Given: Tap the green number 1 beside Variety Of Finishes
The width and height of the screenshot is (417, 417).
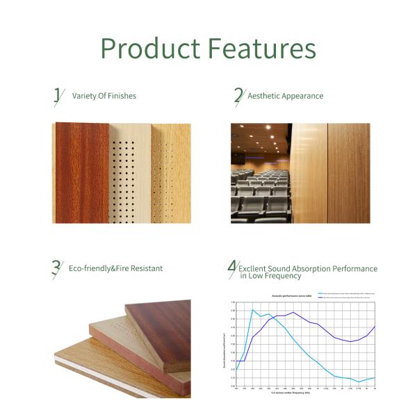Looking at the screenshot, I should tap(58, 96).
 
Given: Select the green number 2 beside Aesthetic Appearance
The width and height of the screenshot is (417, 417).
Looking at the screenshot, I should tap(238, 96).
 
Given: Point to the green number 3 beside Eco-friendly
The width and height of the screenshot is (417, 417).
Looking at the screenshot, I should tap(56, 268).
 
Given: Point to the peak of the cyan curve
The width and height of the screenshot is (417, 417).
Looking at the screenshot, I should tap(252, 310).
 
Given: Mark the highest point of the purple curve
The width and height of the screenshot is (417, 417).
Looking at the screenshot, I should tap(293, 312).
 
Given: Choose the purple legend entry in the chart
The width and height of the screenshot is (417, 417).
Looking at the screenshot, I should tap(341, 297).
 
